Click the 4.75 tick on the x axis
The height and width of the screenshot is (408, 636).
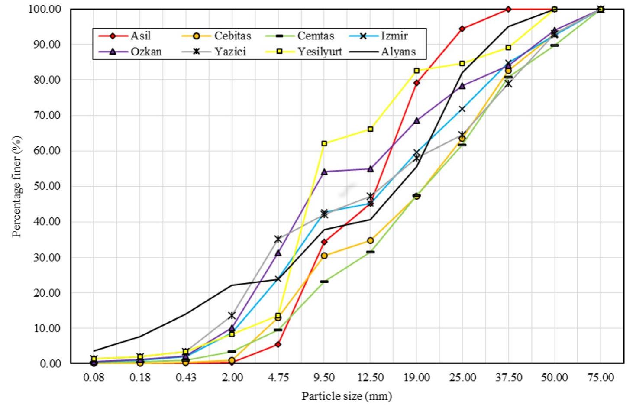(278, 377)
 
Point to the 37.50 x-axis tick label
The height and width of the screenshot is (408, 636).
(508, 377)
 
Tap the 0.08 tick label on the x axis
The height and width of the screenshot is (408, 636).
(94, 377)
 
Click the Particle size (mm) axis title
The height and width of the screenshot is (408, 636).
(346, 396)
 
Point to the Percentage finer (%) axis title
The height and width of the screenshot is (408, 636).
(17, 187)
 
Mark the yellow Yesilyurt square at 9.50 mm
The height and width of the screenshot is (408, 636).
(324, 143)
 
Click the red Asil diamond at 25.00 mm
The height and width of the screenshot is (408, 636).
(462, 29)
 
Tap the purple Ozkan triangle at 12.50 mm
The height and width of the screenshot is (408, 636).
(370, 169)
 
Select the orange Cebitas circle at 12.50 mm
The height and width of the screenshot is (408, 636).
(370, 240)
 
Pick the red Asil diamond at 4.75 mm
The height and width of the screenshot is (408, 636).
(278, 344)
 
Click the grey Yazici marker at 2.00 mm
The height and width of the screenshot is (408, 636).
(232, 315)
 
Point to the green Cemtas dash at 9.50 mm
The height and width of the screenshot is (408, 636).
(324, 282)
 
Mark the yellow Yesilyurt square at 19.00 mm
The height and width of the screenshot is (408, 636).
(416, 71)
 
